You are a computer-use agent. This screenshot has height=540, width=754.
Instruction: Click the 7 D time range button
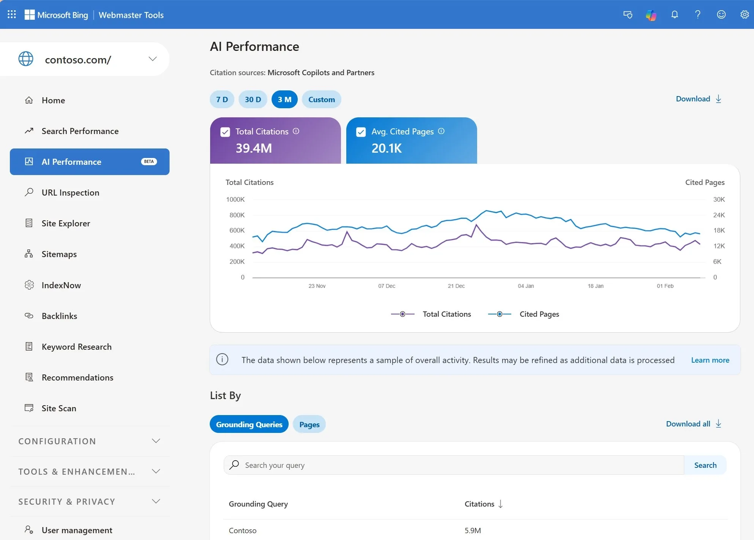[x=222, y=99]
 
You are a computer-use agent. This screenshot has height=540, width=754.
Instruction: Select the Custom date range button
[x=321, y=99]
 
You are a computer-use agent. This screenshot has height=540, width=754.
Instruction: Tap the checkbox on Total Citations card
[x=225, y=132]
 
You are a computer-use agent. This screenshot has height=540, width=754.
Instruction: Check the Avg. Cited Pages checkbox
[x=361, y=132]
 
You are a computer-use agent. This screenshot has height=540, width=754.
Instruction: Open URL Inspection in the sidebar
[x=70, y=193]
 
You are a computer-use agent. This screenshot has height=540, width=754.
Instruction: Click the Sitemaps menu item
[x=59, y=254]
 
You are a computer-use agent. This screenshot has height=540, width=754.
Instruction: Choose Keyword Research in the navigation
[x=76, y=347]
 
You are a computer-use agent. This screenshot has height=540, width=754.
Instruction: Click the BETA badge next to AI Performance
[x=149, y=162]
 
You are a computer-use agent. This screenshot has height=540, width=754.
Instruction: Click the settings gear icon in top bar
[x=744, y=15]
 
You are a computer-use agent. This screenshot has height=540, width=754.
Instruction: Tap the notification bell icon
[x=674, y=15]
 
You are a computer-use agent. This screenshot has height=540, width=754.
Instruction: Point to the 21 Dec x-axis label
[x=456, y=286]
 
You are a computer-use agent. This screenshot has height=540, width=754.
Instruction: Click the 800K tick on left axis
[x=237, y=215]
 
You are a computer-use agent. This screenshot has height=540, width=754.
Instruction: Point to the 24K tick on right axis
[x=719, y=215]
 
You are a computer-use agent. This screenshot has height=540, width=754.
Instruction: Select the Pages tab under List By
[x=309, y=425]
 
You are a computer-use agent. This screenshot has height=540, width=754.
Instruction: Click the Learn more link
[x=710, y=360]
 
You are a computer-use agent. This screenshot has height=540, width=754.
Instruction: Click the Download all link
[x=693, y=424]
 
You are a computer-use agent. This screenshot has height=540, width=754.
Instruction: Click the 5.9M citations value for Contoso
[x=473, y=531]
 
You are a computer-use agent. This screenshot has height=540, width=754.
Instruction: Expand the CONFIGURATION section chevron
[x=156, y=441]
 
